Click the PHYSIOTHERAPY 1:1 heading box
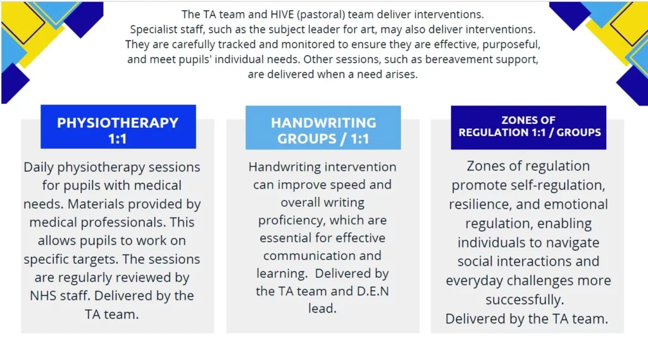[118, 127]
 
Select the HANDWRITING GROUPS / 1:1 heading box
[323, 127]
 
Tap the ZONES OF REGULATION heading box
[528, 127]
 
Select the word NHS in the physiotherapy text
[43, 295]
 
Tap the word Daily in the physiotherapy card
[39, 168]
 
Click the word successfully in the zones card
[525, 300]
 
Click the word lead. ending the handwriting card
[322, 308]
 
